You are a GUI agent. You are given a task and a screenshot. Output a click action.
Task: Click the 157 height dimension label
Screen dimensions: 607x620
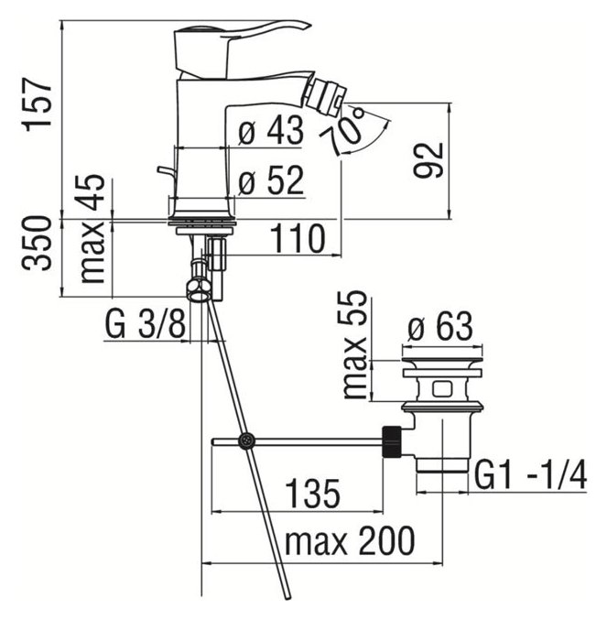[38, 104]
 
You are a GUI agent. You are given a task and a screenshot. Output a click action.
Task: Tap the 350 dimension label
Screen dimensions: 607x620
[37, 243]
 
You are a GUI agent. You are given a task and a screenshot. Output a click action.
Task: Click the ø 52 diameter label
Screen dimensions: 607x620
[271, 180]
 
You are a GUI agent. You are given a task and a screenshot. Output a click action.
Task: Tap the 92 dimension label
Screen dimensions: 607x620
[428, 159]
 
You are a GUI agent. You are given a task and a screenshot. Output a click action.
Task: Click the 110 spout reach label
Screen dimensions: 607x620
[298, 238]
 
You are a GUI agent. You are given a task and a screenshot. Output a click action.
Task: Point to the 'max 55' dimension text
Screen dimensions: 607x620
[354, 344]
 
